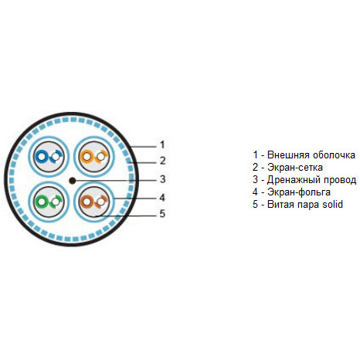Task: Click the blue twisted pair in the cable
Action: click(49, 157)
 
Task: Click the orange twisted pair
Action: click(94, 157)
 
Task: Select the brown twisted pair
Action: click(94, 202)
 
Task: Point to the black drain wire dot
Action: click(73, 181)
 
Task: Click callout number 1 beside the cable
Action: click(162, 144)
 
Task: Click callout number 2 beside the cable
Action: click(162, 161)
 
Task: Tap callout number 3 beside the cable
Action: click(162, 179)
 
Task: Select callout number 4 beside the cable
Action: click(162, 198)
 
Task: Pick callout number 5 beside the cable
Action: click(162, 213)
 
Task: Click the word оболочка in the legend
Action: click(334, 155)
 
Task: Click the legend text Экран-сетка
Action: click(295, 168)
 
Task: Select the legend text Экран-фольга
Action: click(299, 192)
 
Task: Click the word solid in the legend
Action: click(332, 204)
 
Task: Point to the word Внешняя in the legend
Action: click(288, 155)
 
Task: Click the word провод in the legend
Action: click(338, 180)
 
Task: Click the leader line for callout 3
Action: click(116, 180)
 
